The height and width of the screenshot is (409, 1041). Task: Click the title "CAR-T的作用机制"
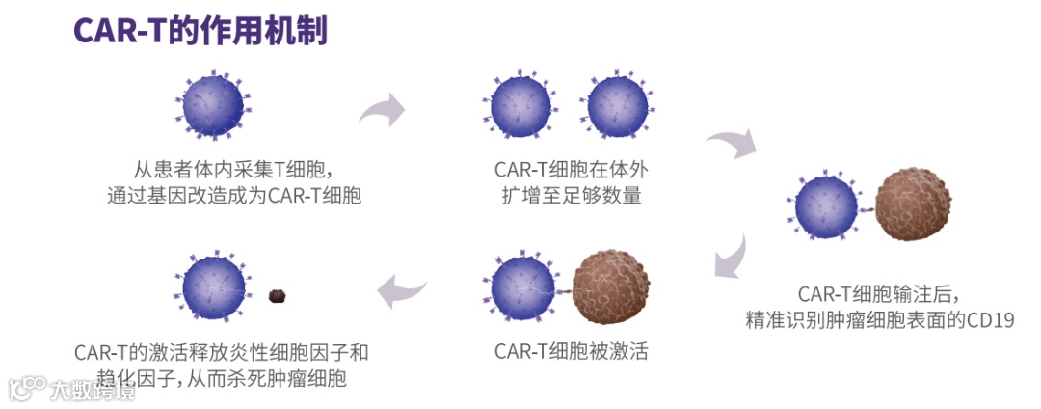[200, 30]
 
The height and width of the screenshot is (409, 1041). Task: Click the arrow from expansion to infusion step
[734, 147]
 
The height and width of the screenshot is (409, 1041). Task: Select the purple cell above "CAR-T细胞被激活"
[522, 287]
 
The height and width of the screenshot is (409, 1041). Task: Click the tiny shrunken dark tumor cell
[280, 295]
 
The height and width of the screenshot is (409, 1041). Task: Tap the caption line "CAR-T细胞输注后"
[879, 292]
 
